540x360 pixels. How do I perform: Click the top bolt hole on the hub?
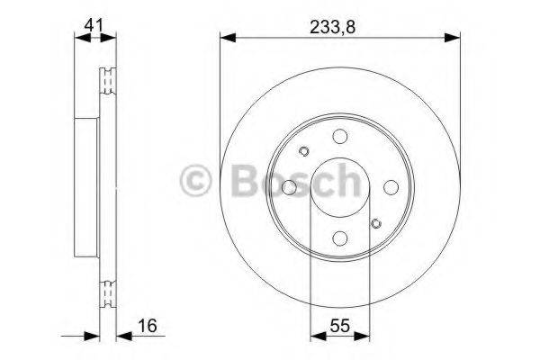coord(340,136)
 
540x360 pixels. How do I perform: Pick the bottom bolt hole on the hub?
coord(340,238)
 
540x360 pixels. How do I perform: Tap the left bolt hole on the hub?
coord(289,187)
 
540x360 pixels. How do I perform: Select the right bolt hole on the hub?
coord(391,187)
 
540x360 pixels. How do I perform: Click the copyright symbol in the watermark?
coord(198,181)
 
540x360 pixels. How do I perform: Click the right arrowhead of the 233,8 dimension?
coord(454,38)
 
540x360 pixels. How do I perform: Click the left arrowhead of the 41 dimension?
coord(76,38)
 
